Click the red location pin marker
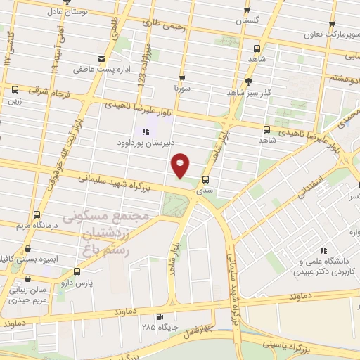tap(181, 166)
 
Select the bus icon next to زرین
tap(15, 89)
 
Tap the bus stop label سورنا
tap(183, 89)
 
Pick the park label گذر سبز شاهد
tap(249, 92)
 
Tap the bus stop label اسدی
tap(206, 190)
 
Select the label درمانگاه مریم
tap(36, 226)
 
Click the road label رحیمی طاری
tap(165, 25)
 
